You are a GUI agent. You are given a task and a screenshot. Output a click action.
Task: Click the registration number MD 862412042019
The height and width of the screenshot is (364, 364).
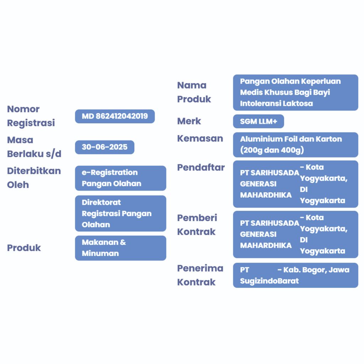click(115, 116)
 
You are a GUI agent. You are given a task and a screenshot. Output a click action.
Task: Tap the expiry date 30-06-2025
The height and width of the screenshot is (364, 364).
click(105, 147)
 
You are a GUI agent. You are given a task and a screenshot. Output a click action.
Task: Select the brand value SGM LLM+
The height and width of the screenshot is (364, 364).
click(258, 121)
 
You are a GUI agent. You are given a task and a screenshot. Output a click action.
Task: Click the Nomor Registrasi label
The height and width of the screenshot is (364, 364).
click(31, 116)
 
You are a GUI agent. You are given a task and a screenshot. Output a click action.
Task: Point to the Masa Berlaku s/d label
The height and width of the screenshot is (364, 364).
click(34, 147)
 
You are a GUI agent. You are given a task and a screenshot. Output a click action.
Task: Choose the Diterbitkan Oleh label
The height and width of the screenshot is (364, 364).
click(34, 178)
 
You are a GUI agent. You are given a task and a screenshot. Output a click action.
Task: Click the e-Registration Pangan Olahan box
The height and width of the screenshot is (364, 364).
click(121, 178)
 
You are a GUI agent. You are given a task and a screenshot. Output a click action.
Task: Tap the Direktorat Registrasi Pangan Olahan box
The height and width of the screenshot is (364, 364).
click(121, 213)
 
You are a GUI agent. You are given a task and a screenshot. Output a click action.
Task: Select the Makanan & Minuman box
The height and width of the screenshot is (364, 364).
click(121, 248)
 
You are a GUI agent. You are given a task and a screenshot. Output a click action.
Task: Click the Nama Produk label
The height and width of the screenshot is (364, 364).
click(194, 92)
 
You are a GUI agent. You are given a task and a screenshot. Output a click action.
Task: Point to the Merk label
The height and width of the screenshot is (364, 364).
click(189, 121)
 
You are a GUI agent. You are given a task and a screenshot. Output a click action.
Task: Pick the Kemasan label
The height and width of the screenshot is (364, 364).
click(200, 138)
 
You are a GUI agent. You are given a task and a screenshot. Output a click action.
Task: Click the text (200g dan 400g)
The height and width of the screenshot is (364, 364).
click(272, 150)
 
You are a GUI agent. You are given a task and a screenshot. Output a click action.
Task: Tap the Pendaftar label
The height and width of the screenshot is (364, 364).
click(201, 167)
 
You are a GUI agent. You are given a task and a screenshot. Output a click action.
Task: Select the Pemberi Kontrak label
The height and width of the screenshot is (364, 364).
click(197, 225)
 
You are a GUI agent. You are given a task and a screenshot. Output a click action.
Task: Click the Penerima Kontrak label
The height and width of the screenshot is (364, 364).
click(200, 275)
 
